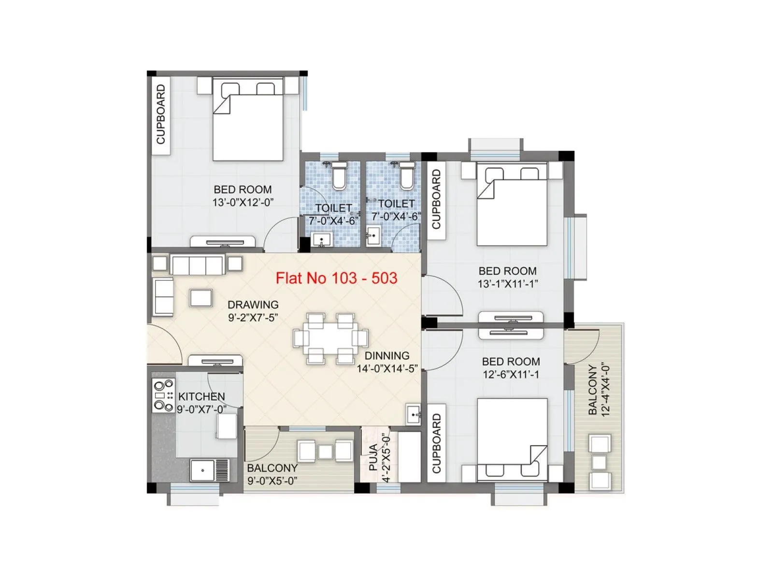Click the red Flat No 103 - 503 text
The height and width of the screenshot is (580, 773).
point(336,278)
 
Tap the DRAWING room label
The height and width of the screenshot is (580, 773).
point(253,305)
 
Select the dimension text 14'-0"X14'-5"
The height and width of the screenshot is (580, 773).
point(387,369)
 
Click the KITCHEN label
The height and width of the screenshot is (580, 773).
point(201,397)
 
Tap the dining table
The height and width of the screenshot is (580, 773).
point(330,338)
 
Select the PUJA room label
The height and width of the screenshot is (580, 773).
point(373,457)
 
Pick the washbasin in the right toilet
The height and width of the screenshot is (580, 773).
point(373,236)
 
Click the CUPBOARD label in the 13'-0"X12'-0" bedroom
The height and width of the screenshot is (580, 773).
point(161,115)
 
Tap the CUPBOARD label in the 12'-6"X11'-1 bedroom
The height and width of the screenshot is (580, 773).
point(437,443)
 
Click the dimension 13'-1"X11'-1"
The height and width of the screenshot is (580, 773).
point(507,284)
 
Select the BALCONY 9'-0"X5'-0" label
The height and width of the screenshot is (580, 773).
point(272,474)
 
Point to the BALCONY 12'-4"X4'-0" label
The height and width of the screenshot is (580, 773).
point(599,390)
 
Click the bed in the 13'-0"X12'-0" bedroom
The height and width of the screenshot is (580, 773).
point(248,123)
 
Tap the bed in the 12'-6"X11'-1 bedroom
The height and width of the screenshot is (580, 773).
point(512,437)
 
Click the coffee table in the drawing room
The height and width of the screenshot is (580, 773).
point(201,298)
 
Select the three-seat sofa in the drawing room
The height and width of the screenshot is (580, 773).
point(197,265)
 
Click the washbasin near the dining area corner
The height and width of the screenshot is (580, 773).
point(414,414)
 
